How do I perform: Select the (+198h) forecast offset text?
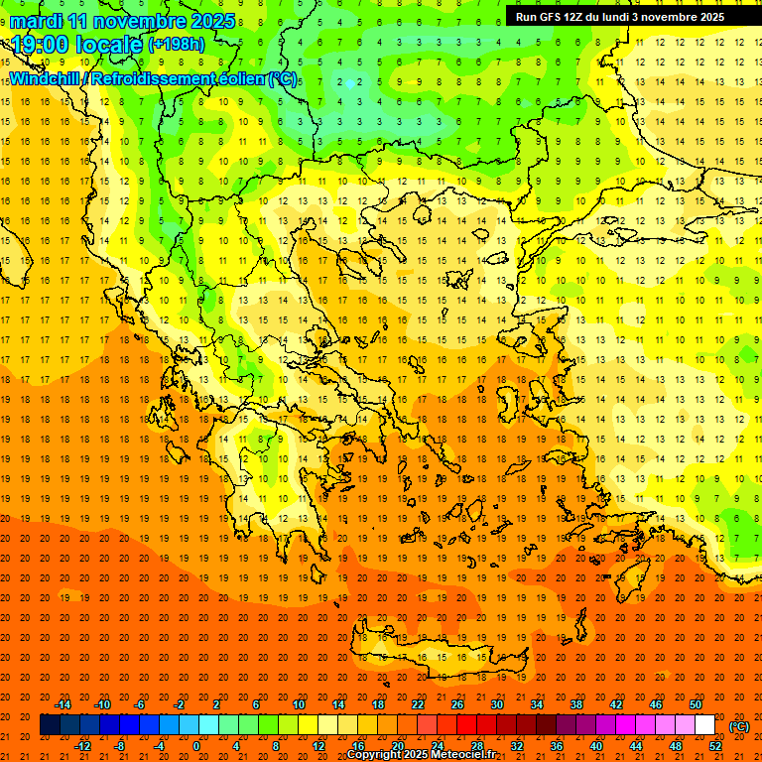176,44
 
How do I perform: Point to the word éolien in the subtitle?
235,78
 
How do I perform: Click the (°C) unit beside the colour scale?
739,726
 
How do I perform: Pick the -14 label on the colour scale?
63,704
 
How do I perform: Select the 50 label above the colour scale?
696,704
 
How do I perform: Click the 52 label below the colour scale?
715,746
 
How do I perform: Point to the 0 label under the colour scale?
197,746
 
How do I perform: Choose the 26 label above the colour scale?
457,704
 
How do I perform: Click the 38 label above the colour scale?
576,704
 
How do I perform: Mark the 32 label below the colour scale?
517,746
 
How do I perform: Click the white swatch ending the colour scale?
705,725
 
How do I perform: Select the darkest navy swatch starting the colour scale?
50,725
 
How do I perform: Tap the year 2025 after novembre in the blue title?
212,21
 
